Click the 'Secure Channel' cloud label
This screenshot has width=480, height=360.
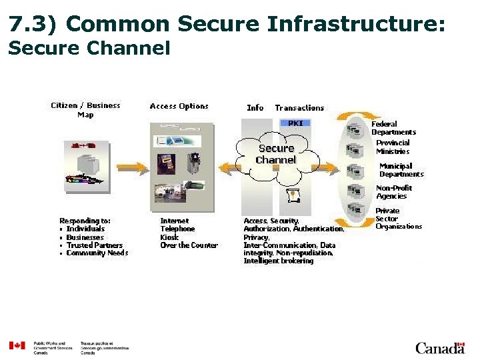click(x=276, y=154)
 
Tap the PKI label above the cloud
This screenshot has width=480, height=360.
click(x=295, y=123)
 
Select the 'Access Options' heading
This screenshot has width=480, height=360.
click(x=179, y=106)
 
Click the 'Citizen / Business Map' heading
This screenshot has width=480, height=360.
click(x=86, y=110)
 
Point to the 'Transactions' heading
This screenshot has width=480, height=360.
click(x=299, y=108)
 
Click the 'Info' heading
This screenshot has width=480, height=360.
click(x=255, y=108)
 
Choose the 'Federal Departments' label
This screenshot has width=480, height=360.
click(x=393, y=128)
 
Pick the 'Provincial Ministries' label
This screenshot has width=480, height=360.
click(x=393, y=147)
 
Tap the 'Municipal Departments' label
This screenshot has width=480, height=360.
click(x=401, y=170)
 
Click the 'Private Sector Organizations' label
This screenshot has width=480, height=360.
click(x=399, y=219)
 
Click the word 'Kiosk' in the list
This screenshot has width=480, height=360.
click(x=169, y=237)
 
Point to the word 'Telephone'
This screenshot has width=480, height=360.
click(x=177, y=229)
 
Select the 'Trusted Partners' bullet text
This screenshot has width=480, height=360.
click(x=95, y=245)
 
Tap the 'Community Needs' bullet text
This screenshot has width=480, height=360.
click(x=97, y=253)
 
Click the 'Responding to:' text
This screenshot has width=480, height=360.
click(x=85, y=221)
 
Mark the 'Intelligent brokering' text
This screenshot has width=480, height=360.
click(x=278, y=261)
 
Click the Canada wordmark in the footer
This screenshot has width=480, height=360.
click(x=439, y=348)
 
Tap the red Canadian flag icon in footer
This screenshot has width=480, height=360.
click(x=17, y=345)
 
